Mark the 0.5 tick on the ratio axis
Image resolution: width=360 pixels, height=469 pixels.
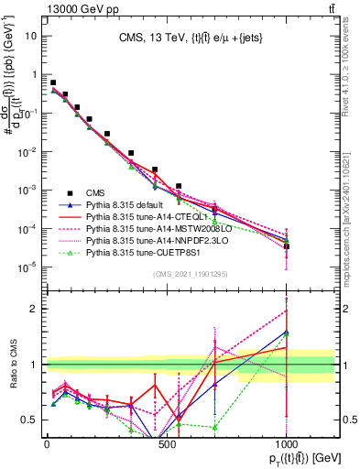[x=30, y=420]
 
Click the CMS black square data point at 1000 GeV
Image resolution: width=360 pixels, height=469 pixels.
[x=287, y=246]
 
